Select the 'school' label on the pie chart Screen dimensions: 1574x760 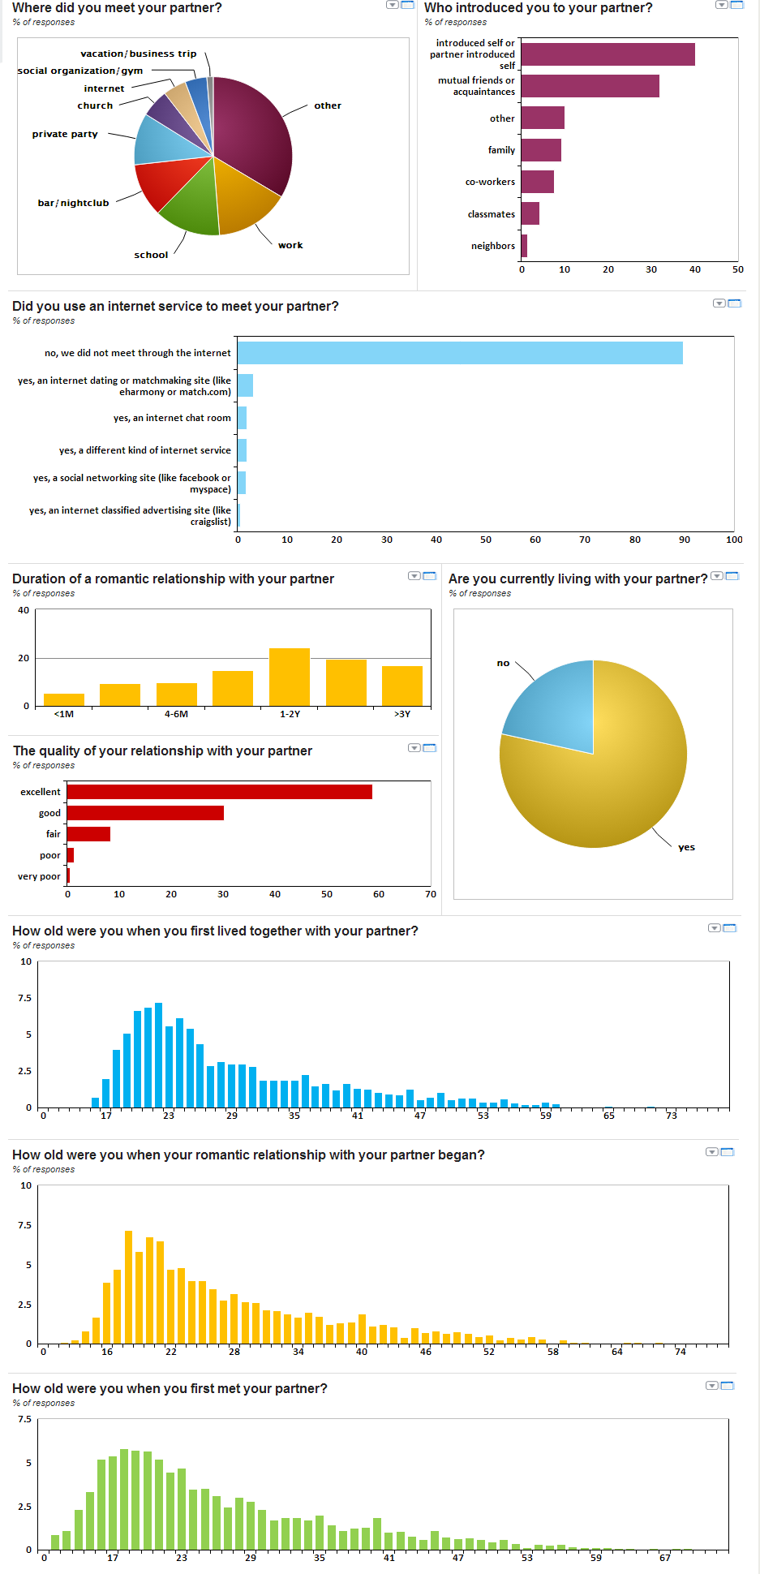pos(151,255)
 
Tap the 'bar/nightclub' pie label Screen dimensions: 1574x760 pos(73,203)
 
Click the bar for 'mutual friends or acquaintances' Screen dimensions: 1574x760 pos(590,86)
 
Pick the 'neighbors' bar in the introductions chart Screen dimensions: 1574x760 pos(524,246)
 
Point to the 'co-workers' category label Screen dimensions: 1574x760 pos(490,182)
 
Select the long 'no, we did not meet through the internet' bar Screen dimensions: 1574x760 pos(460,353)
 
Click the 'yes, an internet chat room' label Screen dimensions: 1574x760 pos(172,418)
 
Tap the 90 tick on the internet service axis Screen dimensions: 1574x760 pos(685,540)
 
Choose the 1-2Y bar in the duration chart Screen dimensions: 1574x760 pos(290,677)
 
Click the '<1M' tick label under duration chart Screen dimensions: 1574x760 pos(64,714)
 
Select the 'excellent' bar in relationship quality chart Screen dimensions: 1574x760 pos(219,792)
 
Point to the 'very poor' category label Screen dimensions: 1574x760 pos(39,876)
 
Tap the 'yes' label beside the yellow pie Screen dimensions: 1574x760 pos(686,847)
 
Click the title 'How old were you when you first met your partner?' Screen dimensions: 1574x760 pos(170,1388)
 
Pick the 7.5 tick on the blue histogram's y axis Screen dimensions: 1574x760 pos(25,998)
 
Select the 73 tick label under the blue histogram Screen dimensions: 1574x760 pos(672,1116)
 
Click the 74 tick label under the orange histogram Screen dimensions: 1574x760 pos(681,1352)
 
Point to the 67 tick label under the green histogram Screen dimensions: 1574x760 pos(665,1558)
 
